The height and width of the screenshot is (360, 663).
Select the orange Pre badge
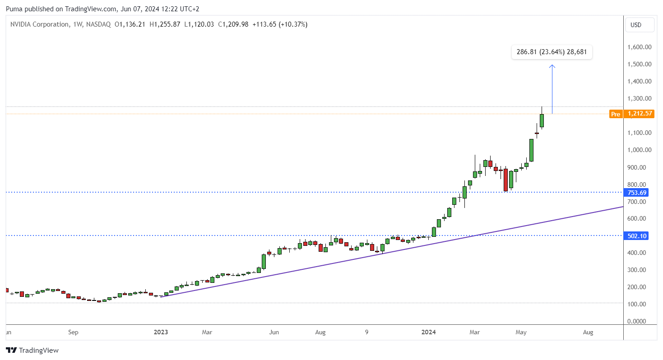click(615, 114)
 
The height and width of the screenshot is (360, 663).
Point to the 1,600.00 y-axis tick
click(639, 47)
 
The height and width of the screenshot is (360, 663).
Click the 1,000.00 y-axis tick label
click(639, 150)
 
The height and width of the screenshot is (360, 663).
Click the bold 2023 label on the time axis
click(161, 332)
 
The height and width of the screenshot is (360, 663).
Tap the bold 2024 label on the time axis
click(428, 332)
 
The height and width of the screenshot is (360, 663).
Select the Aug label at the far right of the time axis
click(588, 332)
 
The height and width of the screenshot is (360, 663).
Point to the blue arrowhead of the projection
click(552, 67)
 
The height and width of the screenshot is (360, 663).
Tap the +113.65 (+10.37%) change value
click(279, 24)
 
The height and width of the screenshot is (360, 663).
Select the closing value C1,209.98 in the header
click(233, 24)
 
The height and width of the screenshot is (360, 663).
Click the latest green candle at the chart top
click(542, 120)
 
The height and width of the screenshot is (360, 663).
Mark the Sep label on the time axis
click(73, 332)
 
